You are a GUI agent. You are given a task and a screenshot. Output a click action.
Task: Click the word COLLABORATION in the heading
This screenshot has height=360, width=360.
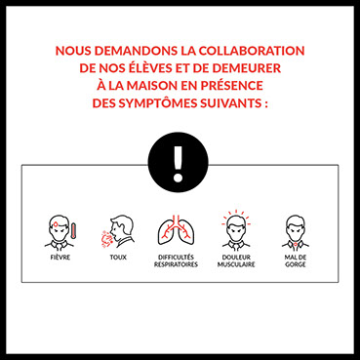coord(252,51)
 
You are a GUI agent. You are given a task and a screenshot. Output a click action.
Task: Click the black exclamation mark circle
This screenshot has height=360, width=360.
coord(178,162)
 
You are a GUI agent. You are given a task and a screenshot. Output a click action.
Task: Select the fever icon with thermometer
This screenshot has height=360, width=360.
coord(60,231)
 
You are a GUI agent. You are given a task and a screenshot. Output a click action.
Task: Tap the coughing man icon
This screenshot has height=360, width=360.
coord(118,232)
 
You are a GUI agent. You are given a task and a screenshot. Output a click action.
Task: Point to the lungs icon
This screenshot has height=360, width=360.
coord(176,230)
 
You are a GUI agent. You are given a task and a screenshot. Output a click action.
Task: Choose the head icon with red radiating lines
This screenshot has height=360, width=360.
coord(236,229)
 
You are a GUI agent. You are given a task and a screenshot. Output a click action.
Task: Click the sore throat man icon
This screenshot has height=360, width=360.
coord(296,231)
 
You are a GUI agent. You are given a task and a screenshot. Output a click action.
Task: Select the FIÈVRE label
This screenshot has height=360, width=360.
coord(60,258)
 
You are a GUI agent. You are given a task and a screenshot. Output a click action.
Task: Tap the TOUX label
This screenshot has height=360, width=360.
coord(118,258)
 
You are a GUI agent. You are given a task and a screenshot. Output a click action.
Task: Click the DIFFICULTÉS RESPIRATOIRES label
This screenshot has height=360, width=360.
coord(176,260)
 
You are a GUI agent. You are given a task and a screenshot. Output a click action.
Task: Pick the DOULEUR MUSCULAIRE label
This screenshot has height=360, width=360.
coord(236,260)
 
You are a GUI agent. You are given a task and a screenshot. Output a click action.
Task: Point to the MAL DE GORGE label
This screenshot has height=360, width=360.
coord(296,260)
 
